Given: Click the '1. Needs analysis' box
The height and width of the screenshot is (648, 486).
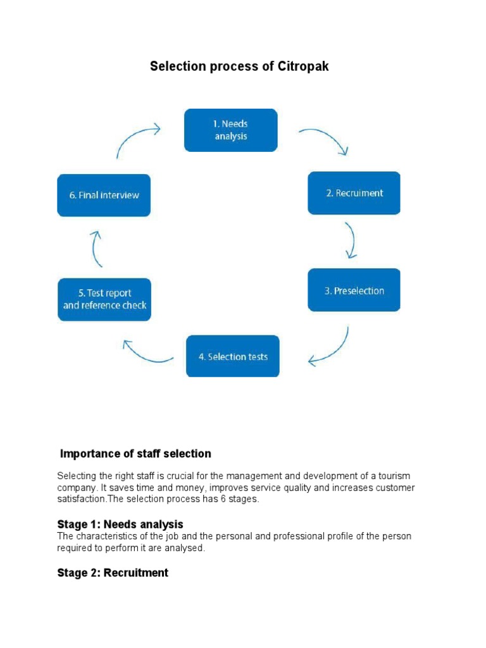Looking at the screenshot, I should pos(230,130).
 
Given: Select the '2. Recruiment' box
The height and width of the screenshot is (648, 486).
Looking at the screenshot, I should pos(354,193).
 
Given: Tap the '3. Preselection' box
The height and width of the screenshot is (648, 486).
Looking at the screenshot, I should pos(354,290).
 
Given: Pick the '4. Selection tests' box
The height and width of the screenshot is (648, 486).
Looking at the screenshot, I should pos(232,356).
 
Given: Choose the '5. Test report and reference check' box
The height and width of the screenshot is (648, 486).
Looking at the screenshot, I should pos(104,299).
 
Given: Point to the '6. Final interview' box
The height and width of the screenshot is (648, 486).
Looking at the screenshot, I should pos(104,195).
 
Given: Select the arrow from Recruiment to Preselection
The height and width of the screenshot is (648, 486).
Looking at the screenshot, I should pos(351,240).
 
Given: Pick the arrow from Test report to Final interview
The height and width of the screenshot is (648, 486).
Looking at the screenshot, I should pos(96,248).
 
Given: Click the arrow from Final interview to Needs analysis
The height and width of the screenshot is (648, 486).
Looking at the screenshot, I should pos(137,139).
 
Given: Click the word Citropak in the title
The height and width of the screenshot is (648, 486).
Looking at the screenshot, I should pos(303,66).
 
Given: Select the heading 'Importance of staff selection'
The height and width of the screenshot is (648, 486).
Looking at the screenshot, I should pos(135,454).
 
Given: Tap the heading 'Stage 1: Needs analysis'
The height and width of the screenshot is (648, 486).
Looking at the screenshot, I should pos(120,524).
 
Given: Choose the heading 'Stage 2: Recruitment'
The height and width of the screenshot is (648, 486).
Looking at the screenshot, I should pos(113,573).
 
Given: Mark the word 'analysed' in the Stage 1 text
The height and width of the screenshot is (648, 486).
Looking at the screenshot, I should pos(185,548).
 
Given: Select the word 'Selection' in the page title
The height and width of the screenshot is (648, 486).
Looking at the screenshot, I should pos(174,66).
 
